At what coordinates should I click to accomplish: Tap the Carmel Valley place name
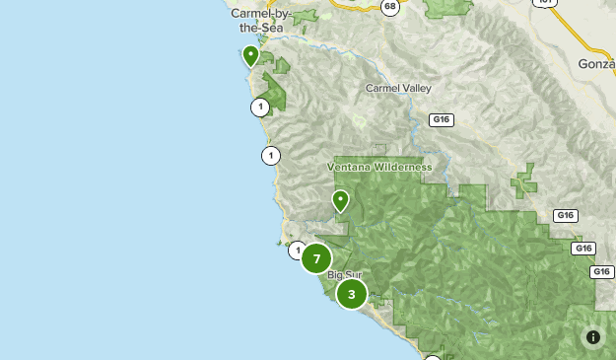pyautogui.click(x=398, y=88)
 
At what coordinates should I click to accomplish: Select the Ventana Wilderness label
pyautogui.click(x=379, y=167)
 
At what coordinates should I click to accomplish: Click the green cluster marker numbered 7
pyautogui.click(x=316, y=258)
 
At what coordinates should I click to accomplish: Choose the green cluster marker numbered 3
pyautogui.click(x=352, y=293)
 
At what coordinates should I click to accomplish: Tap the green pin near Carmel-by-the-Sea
pyautogui.click(x=251, y=54)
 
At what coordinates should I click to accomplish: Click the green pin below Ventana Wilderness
pyautogui.click(x=340, y=200)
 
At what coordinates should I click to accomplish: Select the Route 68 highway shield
pyautogui.click(x=391, y=6)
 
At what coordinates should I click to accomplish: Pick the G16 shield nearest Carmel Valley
pyautogui.click(x=441, y=119)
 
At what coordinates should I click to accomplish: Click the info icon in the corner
pyautogui.click(x=593, y=337)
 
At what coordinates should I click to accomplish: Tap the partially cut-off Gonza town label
pyautogui.click(x=595, y=63)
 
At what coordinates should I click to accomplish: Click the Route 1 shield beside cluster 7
pyautogui.click(x=297, y=251)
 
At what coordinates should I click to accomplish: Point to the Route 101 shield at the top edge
pyautogui.click(x=544, y=3)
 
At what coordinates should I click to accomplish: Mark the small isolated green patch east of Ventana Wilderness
pyautogui.click(x=523, y=183)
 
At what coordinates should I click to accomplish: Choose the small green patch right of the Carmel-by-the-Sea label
pyautogui.click(x=305, y=18)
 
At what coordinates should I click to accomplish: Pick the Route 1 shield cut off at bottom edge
pyautogui.click(x=433, y=357)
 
